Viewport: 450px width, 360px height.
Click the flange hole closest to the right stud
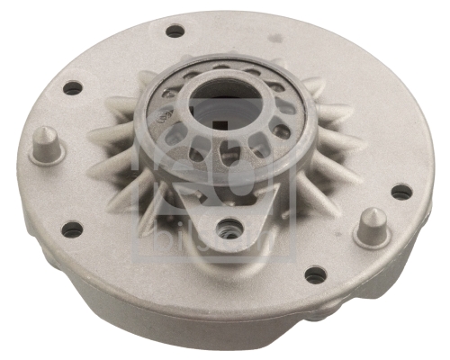(x=401, y=192)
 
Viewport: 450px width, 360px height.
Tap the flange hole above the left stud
(x=71, y=88)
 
